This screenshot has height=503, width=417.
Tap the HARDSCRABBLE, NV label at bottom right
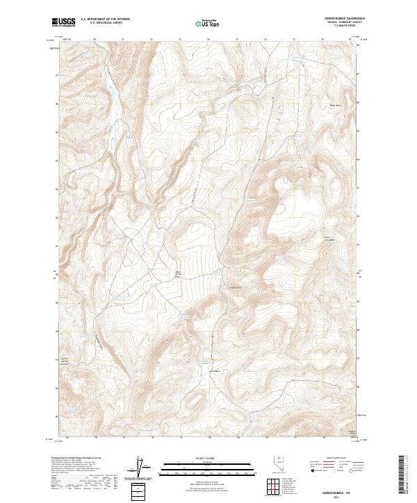tap(336, 491)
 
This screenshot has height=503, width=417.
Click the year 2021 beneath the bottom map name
tap(336, 497)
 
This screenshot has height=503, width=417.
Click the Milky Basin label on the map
tap(334, 105)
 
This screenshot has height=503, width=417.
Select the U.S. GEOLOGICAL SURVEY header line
tap(100, 24)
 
